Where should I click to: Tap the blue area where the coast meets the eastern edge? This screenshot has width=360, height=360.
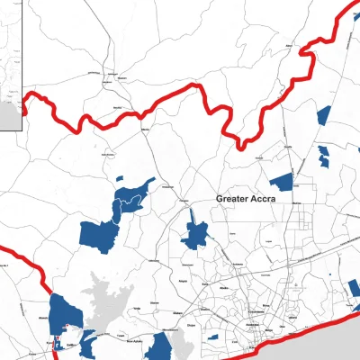pyautogui.click(x=355, y=288)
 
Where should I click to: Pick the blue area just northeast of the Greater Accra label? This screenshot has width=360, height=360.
pyautogui.click(x=283, y=181)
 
